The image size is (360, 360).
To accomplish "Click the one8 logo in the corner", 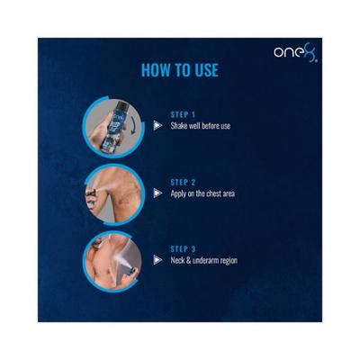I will click(x=296, y=52).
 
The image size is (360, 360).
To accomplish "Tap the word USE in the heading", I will click(x=203, y=70).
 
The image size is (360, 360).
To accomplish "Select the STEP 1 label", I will click(x=184, y=115).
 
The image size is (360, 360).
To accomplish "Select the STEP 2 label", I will click(x=184, y=182).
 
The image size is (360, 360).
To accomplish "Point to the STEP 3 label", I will click(x=184, y=249).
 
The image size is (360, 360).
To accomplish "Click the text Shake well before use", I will click(x=201, y=126).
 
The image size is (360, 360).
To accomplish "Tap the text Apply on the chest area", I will click(x=202, y=193).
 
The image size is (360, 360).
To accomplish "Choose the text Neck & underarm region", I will click(x=204, y=261).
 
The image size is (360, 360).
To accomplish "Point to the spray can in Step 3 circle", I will click(x=128, y=264).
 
